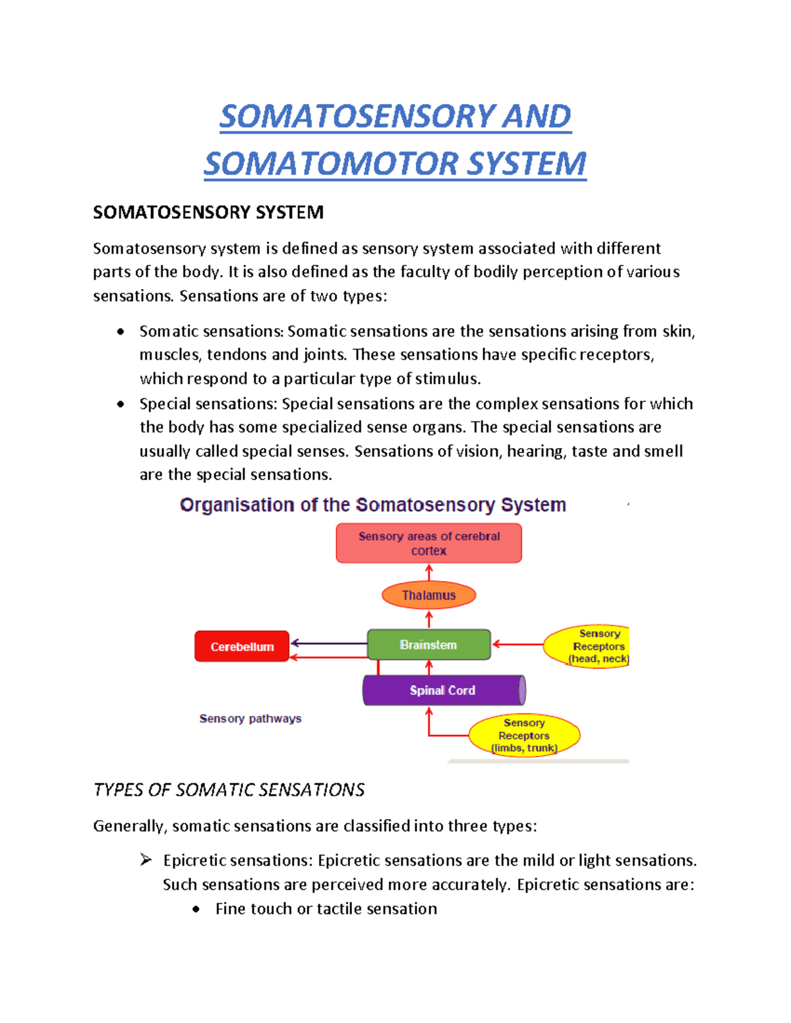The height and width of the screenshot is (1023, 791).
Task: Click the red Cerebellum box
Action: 242,646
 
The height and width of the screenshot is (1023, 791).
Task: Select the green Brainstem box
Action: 428,645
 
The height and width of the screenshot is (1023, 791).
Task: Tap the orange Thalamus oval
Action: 428,595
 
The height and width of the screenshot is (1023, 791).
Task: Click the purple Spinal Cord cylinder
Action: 442,690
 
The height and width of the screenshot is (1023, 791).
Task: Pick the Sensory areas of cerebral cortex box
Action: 428,543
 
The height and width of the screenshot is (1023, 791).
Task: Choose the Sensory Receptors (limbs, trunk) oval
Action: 524,735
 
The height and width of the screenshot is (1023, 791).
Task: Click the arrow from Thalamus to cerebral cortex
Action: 429,572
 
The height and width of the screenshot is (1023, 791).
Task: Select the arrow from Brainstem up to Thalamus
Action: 429,619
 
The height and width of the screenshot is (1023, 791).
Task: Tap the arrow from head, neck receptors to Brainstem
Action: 517,644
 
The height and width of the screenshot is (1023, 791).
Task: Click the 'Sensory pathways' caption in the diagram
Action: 250,719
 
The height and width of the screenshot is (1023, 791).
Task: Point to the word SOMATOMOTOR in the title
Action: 332,164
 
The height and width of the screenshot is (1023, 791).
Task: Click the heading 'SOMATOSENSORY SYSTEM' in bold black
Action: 208,212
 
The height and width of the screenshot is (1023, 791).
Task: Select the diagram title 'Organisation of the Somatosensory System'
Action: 373,505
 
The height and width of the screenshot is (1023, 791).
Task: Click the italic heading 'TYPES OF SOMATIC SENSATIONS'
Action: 229,790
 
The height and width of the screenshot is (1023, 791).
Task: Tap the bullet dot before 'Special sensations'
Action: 121,404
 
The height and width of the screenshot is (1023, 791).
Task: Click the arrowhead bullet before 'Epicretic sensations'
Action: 146,860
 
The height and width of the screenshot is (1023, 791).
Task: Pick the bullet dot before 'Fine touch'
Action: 196,909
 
